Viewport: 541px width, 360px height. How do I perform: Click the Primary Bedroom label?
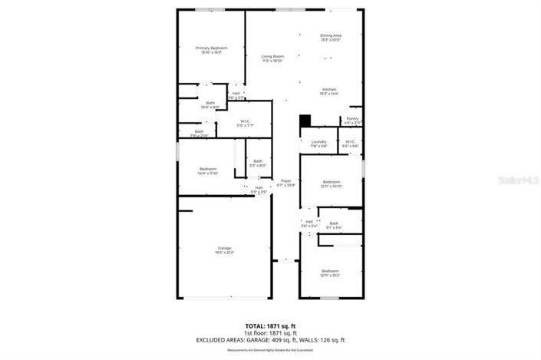click(212, 50)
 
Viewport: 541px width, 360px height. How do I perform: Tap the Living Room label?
click(272, 58)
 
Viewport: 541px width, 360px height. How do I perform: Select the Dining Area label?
click(331, 38)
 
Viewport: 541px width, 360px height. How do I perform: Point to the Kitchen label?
click(330, 92)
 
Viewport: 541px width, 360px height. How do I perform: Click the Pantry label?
click(352, 120)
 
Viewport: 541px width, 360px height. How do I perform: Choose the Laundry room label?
click(319, 144)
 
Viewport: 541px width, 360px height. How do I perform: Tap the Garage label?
click(225, 249)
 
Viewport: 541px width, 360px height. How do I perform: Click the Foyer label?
click(285, 183)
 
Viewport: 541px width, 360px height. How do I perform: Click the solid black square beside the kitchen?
click(305, 121)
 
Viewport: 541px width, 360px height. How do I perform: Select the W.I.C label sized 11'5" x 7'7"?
click(246, 123)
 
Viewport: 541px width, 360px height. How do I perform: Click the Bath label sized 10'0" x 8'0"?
click(210, 105)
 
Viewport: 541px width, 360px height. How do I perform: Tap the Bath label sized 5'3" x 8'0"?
click(258, 163)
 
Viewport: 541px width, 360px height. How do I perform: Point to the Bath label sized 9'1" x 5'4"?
click(334, 225)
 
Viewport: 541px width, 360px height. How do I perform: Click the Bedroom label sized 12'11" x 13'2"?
click(330, 273)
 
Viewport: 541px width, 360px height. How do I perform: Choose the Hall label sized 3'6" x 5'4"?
click(309, 223)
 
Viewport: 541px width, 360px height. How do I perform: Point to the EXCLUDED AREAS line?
click(294, 340)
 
